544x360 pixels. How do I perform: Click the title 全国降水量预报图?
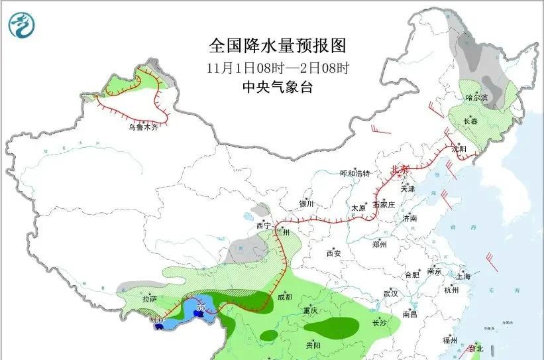(278, 46)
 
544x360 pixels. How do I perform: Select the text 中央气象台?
(278, 87)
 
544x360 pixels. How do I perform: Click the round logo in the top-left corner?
(21, 26)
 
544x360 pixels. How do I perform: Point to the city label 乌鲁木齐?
(144, 127)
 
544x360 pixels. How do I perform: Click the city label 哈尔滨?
(476, 97)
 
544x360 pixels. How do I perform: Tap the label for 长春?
(470, 121)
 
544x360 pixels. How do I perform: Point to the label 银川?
(306, 204)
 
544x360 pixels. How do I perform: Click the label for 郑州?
(379, 244)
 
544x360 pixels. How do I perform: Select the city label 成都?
(284, 297)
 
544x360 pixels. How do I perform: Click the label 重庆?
(311, 311)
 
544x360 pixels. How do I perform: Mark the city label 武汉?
(390, 293)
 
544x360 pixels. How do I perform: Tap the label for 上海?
(464, 276)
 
